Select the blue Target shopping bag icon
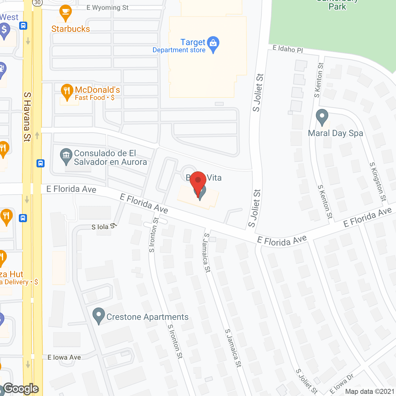pyautogui.click(x=213, y=44)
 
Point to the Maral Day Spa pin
pyautogui.click(x=322, y=117)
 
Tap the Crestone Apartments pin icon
pyautogui.click(x=99, y=316)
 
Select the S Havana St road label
pyautogui.click(x=27, y=117)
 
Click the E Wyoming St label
pyautogui.click(x=107, y=7)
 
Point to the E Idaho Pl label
pyautogui.click(x=288, y=49)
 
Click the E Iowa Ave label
pyautogui.click(x=64, y=357)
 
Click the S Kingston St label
pyautogui.click(x=378, y=182)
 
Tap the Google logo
pyautogui.click(x=21, y=389)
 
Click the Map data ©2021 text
pyautogui.click(x=370, y=391)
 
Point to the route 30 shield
pyautogui.click(x=37, y=2)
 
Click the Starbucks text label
pyautogui.click(x=71, y=29)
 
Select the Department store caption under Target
pyautogui.click(x=179, y=50)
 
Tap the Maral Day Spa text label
pyautogui.click(x=335, y=133)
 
